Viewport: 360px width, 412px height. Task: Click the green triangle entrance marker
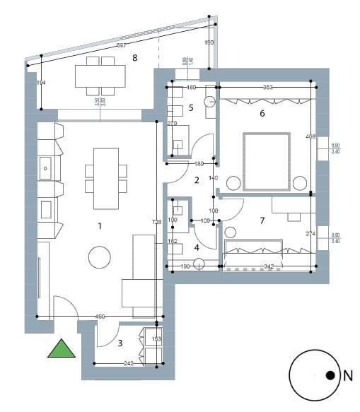point(62,349)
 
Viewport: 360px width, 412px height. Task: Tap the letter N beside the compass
point(347,377)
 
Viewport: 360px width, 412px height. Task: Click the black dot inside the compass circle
point(330,377)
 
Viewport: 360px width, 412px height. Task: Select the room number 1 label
point(100,226)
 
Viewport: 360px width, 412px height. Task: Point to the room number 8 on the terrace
point(134,58)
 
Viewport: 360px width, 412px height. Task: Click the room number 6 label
point(262,113)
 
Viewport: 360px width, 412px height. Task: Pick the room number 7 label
point(262,220)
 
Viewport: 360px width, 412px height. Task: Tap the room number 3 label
point(120,343)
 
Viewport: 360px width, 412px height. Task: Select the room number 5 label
point(191,108)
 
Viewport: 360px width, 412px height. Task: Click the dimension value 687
point(121,46)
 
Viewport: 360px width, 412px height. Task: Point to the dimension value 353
point(267,88)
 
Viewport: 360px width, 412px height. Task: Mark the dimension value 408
point(309,136)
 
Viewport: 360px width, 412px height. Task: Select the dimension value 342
point(269,266)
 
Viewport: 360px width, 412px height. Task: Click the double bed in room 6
point(267,161)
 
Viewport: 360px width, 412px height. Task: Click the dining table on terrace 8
point(100,76)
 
